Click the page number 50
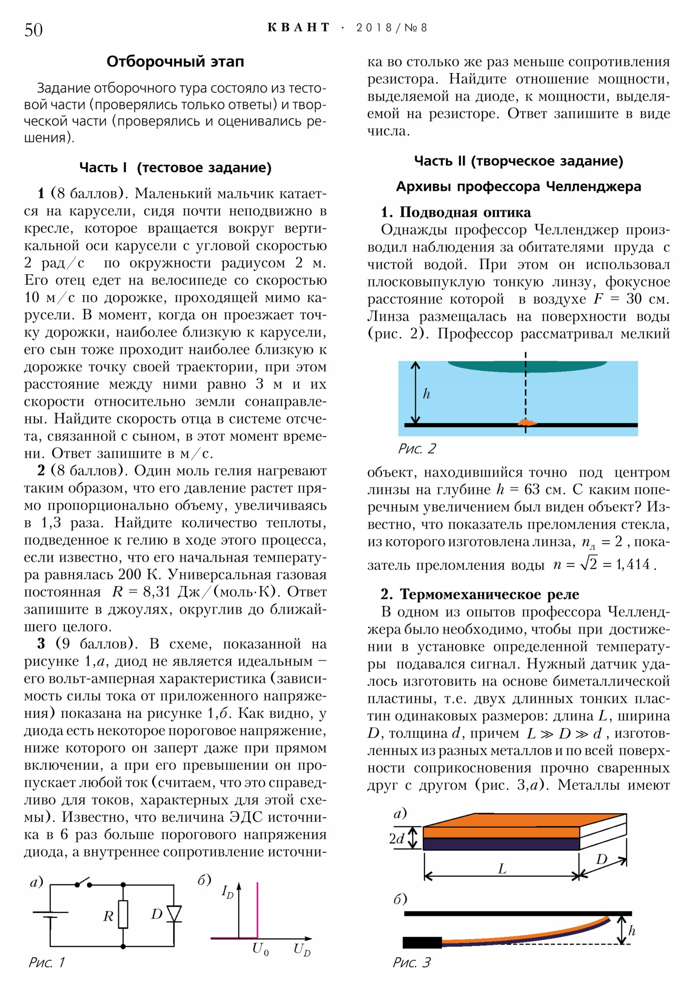[x=33, y=30]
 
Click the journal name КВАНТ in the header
[x=298, y=28]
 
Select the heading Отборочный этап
[x=175, y=62]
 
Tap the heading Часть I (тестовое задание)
[x=175, y=167]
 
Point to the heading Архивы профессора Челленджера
[x=518, y=187]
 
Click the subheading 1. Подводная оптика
[x=455, y=212]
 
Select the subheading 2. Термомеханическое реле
[x=479, y=594]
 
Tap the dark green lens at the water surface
[x=527, y=366]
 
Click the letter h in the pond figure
[x=426, y=394]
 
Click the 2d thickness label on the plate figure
[x=396, y=838]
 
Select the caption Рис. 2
[x=416, y=449]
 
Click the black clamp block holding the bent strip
[x=422, y=942]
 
